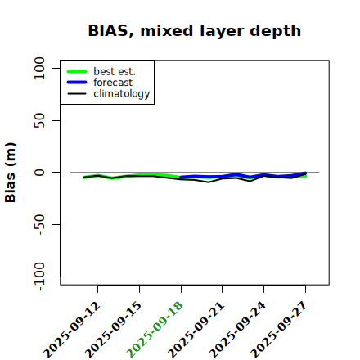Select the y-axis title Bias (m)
11,173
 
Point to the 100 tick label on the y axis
39,68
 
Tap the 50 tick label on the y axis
39,120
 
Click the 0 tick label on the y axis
39,173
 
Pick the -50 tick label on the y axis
40,224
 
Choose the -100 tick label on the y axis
40,277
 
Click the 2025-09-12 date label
72,330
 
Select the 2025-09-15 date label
114,330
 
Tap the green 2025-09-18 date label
155,330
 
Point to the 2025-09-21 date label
196,330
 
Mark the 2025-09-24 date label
238,330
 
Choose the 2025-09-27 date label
279,330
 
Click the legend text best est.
115,71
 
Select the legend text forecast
113,83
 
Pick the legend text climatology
122,94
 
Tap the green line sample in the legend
77,71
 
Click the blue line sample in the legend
77,83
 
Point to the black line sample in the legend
77,94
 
